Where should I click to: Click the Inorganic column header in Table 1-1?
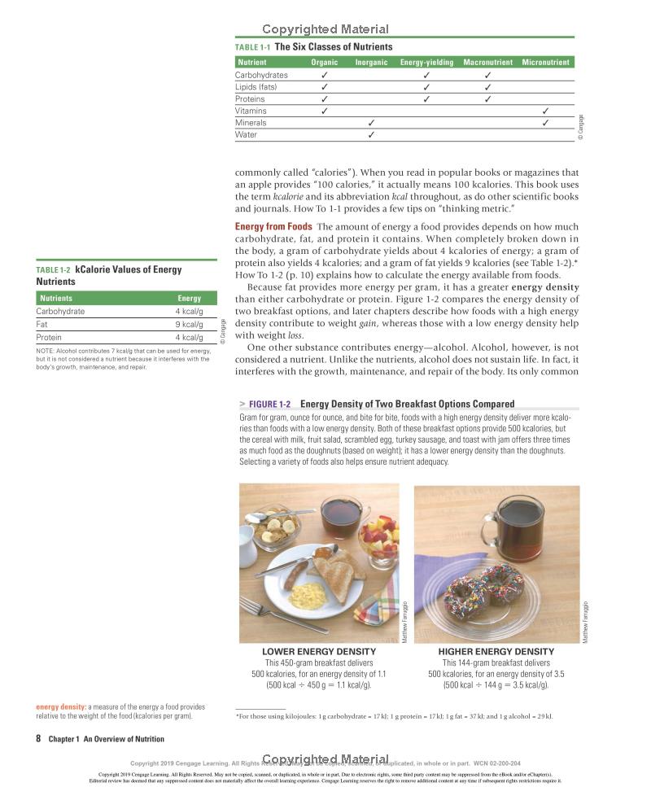coord(371,63)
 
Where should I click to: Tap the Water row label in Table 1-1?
coord(246,135)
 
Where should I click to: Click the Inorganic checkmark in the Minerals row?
coord(371,123)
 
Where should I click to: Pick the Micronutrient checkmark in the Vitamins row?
coord(545,111)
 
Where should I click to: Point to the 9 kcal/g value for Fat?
coord(189,324)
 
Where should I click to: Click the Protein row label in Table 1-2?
coord(49,337)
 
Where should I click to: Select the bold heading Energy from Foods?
coord(273,226)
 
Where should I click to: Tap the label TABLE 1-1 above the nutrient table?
coord(252,47)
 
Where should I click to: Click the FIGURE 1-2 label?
coord(269,404)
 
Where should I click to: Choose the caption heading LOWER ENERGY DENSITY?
coord(319,652)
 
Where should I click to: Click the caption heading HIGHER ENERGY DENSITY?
coord(496,652)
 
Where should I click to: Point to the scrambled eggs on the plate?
coord(308,596)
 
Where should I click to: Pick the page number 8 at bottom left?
coord(38,739)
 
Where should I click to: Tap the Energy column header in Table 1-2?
coord(189,299)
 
